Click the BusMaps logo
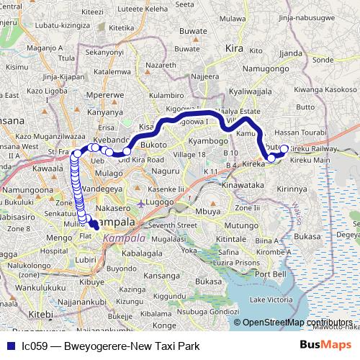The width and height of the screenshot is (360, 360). pyautogui.click(x=325, y=345)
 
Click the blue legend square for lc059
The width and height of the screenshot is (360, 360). pyautogui.click(x=9, y=346)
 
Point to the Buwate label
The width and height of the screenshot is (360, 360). pyautogui.click(x=192, y=32)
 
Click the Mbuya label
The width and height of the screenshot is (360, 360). pyautogui.click(x=209, y=212)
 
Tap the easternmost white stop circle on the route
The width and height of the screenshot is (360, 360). pyautogui.click(x=284, y=149)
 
